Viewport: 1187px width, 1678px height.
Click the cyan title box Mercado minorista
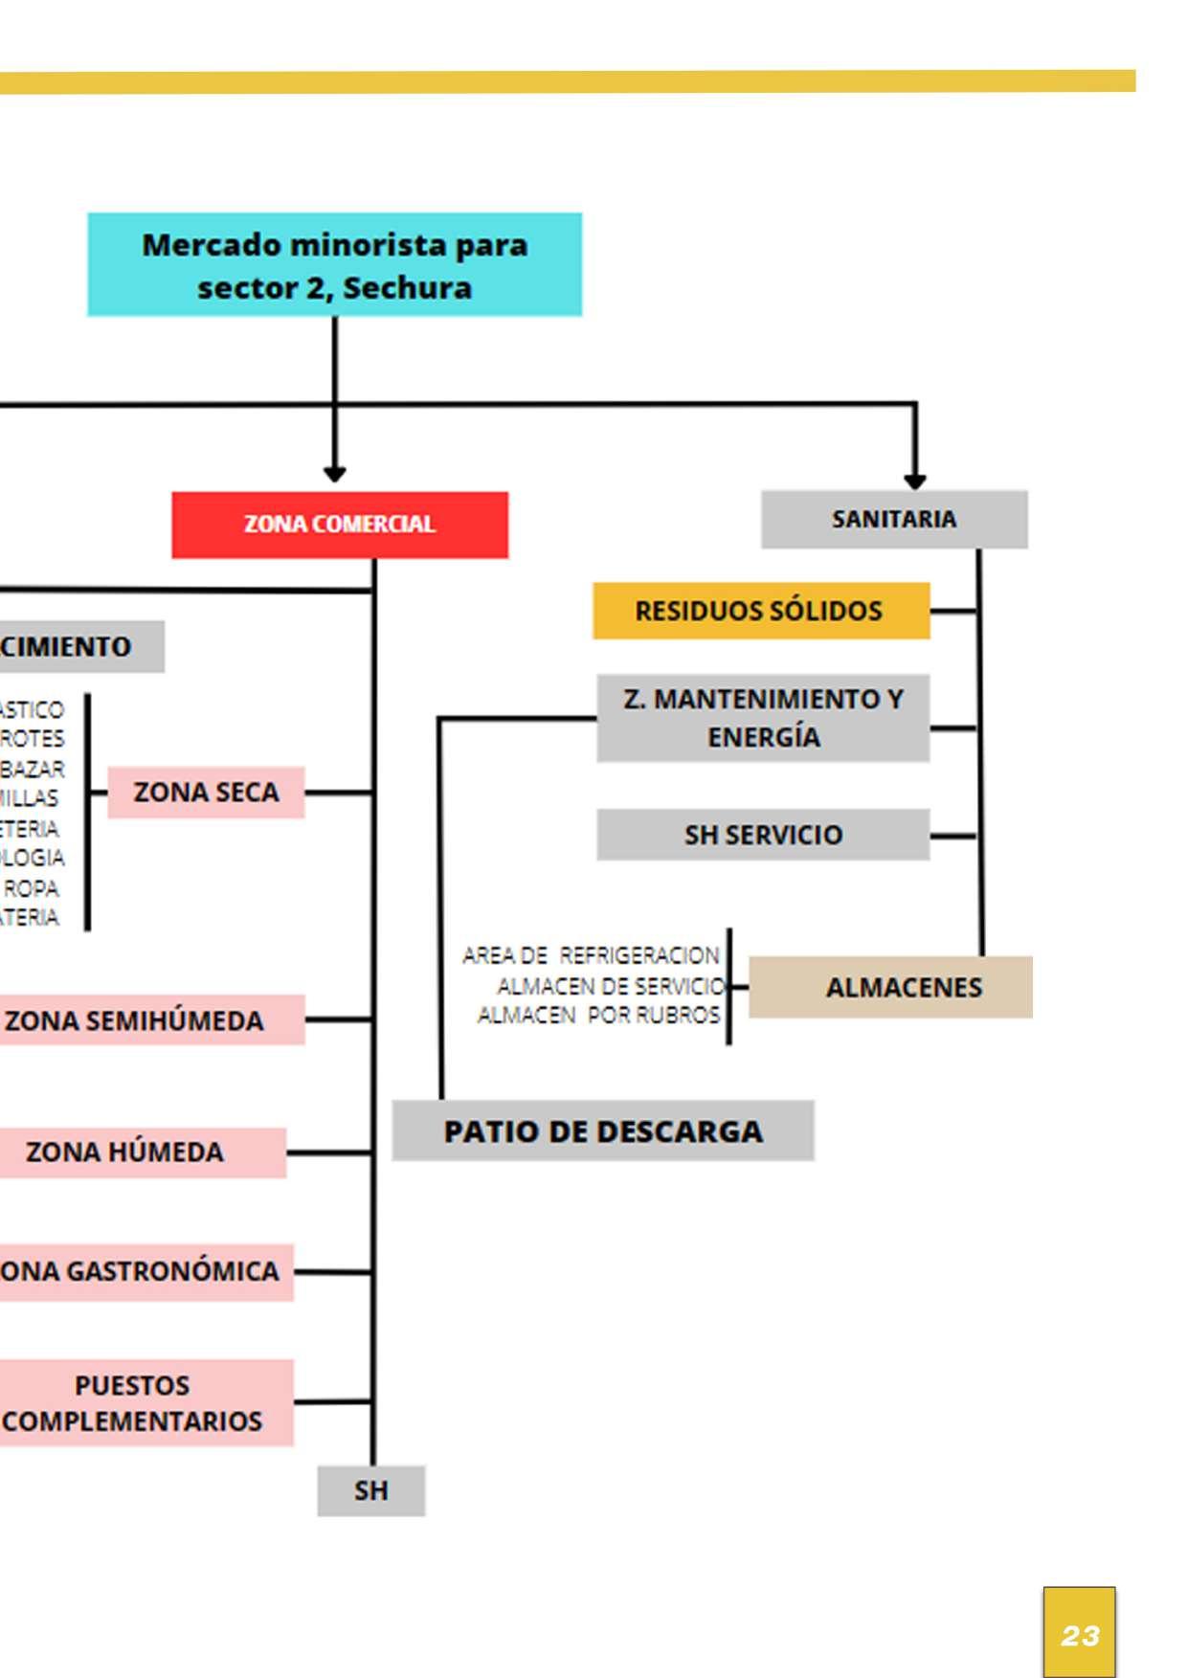(x=334, y=265)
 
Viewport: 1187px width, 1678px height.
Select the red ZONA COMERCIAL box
(x=340, y=525)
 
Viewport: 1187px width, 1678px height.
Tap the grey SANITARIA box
(x=894, y=520)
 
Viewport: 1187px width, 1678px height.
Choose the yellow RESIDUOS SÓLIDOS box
(x=761, y=611)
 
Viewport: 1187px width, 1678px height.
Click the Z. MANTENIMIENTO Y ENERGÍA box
(x=763, y=718)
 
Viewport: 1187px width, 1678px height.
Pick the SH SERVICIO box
(x=763, y=835)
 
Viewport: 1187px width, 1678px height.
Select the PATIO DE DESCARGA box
(x=603, y=1131)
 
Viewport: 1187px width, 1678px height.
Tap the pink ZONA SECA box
(x=206, y=793)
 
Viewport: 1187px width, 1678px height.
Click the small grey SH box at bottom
(x=371, y=1490)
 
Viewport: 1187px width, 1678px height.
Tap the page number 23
(x=1080, y=1635)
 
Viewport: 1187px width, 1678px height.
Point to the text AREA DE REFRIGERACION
(x=591, y=955)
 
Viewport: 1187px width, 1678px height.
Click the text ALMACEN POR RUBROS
(x=598, y=1015)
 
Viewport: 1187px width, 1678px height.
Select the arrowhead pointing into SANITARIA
(x=915, y=481)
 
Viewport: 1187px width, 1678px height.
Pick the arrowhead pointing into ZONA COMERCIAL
(x=334, y=474)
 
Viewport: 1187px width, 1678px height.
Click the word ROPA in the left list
(x=32, y=888)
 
